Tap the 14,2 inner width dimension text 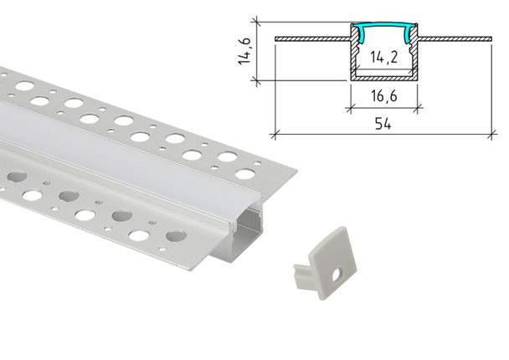tap(382, 59)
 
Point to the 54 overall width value tap(382, 123)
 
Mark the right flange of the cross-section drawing tap(457, 38)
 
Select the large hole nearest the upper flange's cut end tap(245, 174)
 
